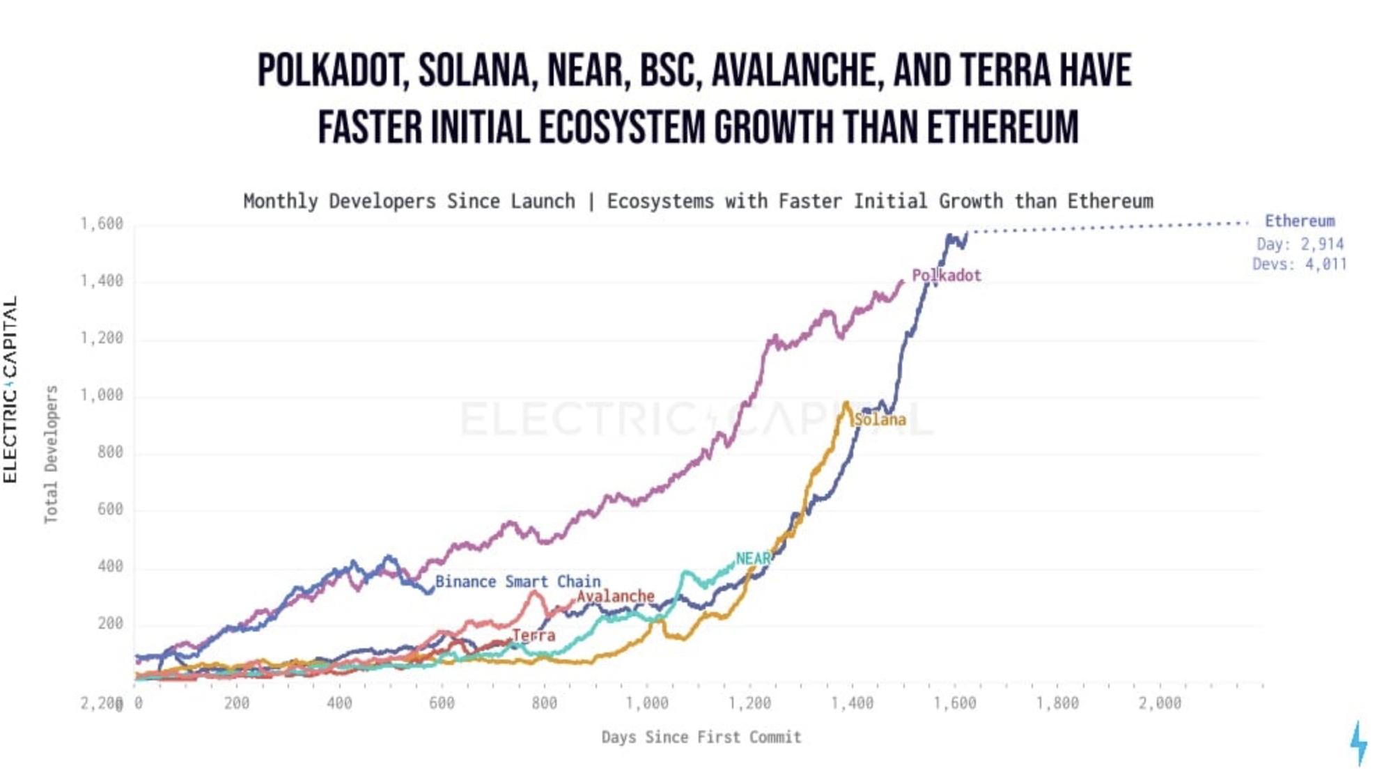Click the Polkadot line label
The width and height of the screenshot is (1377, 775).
tap(946, 276)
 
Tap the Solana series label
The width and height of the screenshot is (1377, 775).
tap(880, 420)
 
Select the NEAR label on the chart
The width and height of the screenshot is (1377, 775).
tap(753, 558)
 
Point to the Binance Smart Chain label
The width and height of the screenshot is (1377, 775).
tap(518, 581)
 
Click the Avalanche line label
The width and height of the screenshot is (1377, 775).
tap(616, 597)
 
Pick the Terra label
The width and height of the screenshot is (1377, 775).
tap(534, 635)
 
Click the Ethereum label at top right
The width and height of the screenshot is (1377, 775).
tap(1300, 221)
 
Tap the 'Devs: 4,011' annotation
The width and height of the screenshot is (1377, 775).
tap(1299, 265)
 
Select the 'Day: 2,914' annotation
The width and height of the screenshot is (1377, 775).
tap(1300, 244)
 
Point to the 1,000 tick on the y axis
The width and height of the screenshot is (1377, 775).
tap(101, 395)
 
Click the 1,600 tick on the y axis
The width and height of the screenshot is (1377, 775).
tap(101, 224)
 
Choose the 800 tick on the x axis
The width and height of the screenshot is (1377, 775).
tap(544, 703)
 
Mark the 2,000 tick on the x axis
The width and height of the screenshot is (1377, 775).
tap(1160, 703)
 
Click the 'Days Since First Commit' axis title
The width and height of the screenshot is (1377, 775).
tap(701, 737)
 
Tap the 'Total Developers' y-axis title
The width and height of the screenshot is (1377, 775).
tap(51, 454)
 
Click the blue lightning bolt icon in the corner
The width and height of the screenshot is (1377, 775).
tap(1358, 743)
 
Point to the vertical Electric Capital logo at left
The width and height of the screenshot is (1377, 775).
tap(10, 389)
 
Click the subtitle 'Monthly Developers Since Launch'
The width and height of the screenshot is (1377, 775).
tap(410, 202)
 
